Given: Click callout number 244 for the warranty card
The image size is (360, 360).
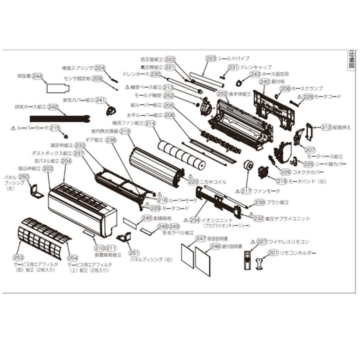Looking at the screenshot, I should (x=38, y=76).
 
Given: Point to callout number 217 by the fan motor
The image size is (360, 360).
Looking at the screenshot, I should (x=246, y=191).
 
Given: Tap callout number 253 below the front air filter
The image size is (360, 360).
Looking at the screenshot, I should (x=18, y=257).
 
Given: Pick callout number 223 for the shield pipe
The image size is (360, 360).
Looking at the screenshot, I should (x=211, y=58).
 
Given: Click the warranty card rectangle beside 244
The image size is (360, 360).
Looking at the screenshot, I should (x=56, y=87).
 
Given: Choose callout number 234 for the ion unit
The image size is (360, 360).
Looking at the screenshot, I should (x=195, y=220).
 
